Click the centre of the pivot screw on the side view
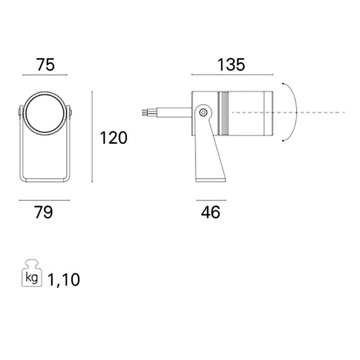point(203,112)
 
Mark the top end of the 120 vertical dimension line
point(92,91)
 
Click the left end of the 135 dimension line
point(192,75)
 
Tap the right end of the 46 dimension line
point(226,200)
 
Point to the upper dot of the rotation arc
point(283,84)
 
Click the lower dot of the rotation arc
point(283,141)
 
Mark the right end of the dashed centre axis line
point(345,112)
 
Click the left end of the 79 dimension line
point(19,200)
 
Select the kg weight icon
point(32,273)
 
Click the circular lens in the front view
point(45,113)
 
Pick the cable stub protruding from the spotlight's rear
point(166,112)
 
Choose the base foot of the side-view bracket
point(211,180)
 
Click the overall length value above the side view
point(231,64)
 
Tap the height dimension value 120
point(114,138)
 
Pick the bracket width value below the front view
point(44,212)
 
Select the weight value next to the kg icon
point(64,280)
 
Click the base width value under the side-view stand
point(211,212)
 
